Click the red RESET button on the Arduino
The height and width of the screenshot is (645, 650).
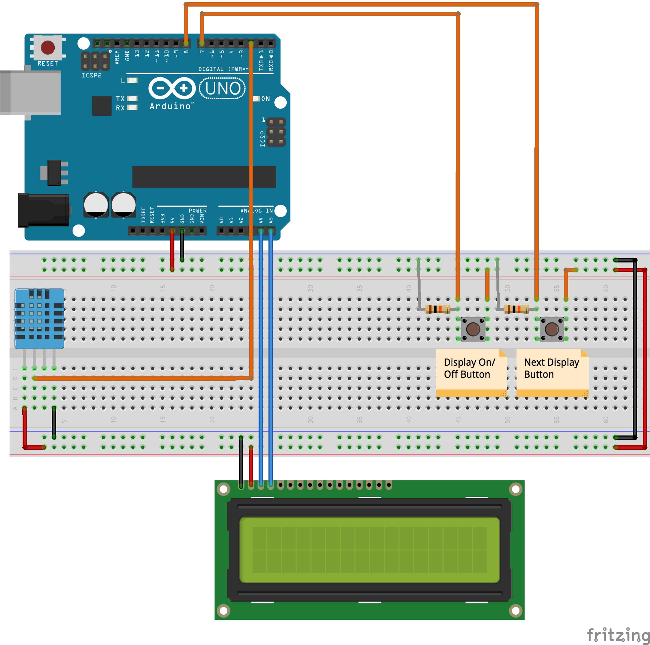48,47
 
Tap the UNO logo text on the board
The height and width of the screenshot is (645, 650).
223,89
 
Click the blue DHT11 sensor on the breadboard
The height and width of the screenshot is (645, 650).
39,318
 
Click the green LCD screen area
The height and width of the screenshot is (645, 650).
369,550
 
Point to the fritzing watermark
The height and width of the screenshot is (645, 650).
618,635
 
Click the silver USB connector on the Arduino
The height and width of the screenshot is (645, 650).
31,93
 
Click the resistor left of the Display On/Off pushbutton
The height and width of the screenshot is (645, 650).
437,309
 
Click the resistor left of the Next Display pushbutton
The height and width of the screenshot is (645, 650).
516,310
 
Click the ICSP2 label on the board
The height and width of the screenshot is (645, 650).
91,75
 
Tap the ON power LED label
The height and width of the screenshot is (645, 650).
266,99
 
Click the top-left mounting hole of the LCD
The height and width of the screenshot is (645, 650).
223,489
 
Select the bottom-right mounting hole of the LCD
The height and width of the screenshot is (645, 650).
515,610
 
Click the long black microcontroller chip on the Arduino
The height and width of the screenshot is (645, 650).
204,177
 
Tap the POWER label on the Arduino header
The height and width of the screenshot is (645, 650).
197,211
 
